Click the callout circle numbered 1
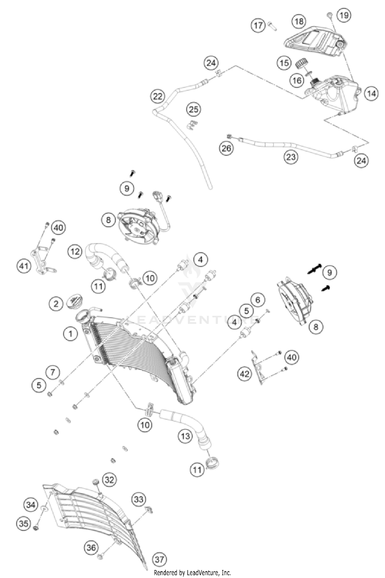[70, 334]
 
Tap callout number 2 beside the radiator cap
[56, 304]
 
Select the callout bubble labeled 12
[75, 251]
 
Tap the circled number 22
[158, 97]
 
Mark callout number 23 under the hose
[291, 157]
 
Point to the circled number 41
[24, 266]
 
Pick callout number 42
[244, 373]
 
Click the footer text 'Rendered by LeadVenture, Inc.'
[192, 573]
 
